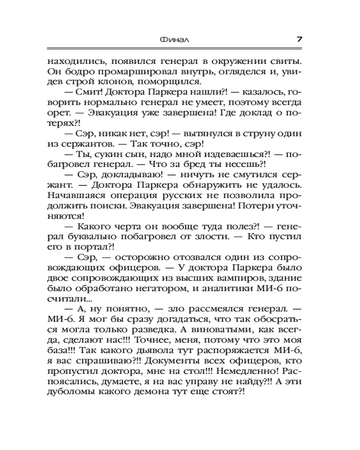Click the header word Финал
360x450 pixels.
pyautogui.click(x=174, y=39)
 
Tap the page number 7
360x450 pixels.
pyautogui.click(x=299, y=39)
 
